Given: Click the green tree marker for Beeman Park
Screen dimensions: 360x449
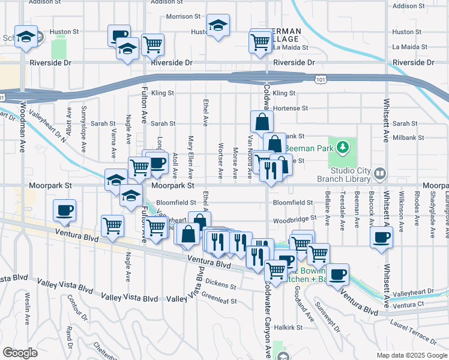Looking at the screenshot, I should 342,147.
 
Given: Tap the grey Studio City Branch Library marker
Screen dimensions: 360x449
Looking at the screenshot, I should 379,174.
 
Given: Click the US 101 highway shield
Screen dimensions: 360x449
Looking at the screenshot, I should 321,79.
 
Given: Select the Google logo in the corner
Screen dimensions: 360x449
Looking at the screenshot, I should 20,353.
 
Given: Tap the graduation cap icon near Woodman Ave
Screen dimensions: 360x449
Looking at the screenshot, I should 26,37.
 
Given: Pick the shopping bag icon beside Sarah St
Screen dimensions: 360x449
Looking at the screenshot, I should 262,122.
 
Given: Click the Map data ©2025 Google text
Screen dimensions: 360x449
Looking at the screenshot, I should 411,355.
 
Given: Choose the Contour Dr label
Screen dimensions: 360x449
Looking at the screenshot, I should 75,307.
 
